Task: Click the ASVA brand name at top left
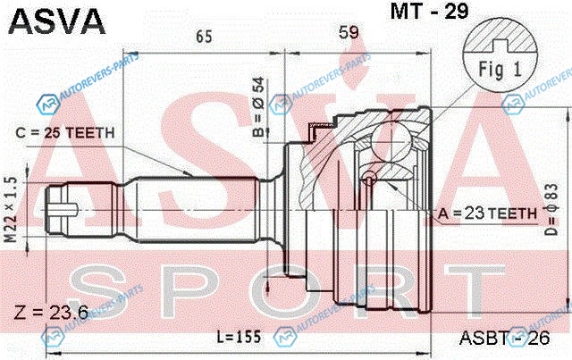click(x=56, y=21)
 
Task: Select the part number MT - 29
click(x=429, y=11)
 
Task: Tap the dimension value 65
click(x=204, y=37)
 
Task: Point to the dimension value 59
click(x=349, y=32)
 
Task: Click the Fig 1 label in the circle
click(x=500, y=70)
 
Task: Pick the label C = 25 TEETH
click(x=65, y=133)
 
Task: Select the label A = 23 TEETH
click(x=487, y=213)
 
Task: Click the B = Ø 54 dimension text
click(x=258, y=107)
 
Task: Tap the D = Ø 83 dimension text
click(x=551, y=209)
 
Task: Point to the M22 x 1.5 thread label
click(x=11, y=209)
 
